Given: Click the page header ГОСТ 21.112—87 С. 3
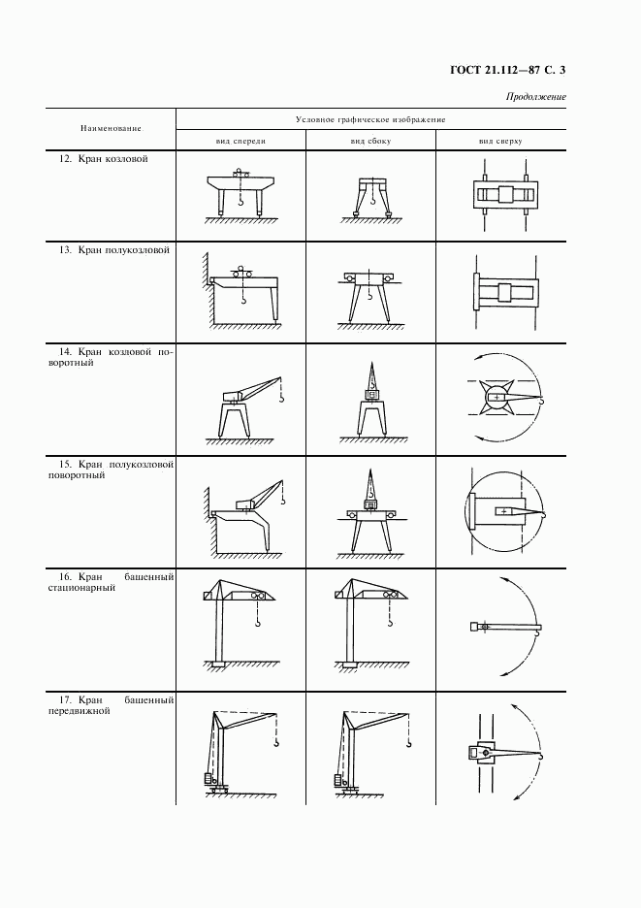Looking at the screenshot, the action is tap(507, 70).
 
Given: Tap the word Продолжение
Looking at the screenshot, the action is tap(535, 97).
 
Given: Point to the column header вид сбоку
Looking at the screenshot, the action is tap(370, 141).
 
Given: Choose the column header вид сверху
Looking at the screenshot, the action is tap(500, 141).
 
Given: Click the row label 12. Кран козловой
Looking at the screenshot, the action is tap(104, 159).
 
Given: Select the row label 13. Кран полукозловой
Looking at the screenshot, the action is tap(114, 250).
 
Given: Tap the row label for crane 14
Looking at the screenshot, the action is tap(111, 357).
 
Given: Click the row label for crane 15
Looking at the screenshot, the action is tap(111, 470).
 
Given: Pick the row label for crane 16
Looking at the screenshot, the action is tap(111, 582).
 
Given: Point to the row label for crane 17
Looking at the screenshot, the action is tap(111, 705).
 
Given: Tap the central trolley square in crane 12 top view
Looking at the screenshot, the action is tap(500, 195).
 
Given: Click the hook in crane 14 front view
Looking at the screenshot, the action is tap(281, 398).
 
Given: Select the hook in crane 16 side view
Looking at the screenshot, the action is tap(391, 623).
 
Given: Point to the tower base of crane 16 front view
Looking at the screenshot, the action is tap(217, 663).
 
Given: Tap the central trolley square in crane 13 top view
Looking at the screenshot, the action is tap(504, 293).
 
